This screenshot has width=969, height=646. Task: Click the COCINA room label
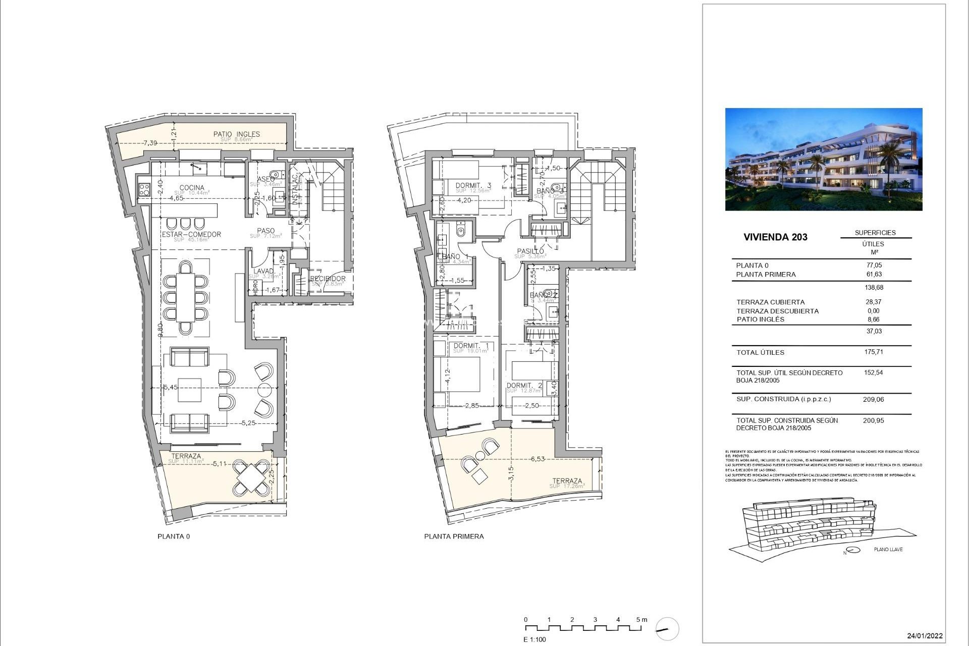192,188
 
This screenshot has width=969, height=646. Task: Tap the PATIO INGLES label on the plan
236,134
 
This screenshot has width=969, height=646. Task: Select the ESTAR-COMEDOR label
191,235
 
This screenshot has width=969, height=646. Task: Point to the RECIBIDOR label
328,279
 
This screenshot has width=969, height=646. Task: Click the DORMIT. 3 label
473,186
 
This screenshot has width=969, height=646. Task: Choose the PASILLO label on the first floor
530,251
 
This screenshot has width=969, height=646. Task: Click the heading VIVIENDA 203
775,237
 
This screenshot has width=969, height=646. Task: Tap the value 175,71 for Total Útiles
874,352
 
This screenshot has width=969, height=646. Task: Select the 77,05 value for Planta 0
874,265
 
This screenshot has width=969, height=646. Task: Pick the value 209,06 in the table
874,399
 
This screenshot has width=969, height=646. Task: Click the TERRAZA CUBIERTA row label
770,302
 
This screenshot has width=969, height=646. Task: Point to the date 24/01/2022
925,636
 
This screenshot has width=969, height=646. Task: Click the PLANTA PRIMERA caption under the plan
454,536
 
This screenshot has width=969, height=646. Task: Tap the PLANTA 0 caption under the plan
174,536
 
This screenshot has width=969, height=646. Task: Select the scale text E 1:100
534,639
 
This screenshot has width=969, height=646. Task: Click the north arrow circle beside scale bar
667,629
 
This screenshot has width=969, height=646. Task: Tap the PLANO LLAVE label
888,549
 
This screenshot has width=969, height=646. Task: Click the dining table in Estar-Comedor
186,297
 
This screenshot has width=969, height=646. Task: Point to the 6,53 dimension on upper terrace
537,459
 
